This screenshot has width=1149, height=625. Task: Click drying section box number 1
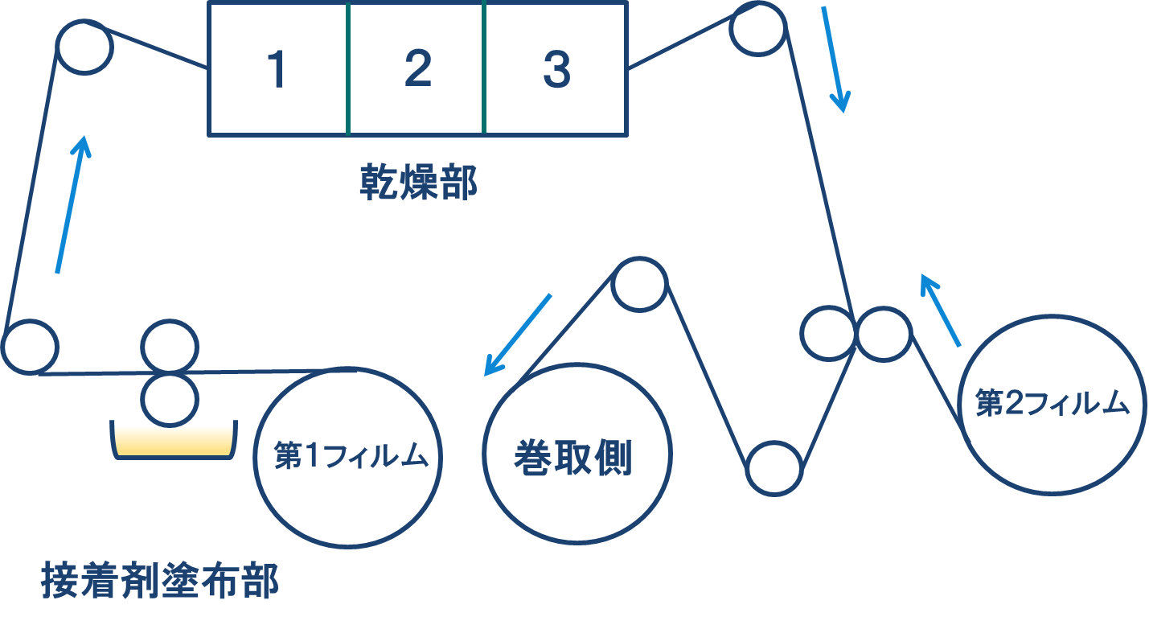[277, 69]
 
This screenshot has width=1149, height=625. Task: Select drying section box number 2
[417, 69]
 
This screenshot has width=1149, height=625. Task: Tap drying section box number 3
[556, 69]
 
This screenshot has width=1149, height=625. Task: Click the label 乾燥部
[418, 183]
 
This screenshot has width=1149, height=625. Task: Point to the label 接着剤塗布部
[160, 582]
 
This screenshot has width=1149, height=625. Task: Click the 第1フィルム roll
[348, 455]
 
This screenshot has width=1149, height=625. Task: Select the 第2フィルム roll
[1053, 405]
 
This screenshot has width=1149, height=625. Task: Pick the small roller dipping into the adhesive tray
[169, 397]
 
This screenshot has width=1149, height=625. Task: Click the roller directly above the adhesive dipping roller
[169, 347]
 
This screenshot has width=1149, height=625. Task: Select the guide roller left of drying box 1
[84, 47]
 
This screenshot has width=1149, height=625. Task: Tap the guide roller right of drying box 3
[757, 28]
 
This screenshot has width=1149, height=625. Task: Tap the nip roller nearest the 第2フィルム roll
[884, 333]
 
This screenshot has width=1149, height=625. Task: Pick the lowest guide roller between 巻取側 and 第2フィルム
[774, 467]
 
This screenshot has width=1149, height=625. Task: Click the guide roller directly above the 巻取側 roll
[639, 284]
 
